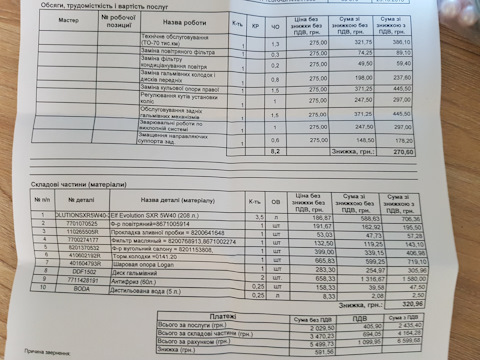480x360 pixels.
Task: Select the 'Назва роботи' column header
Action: pos(186,20)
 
